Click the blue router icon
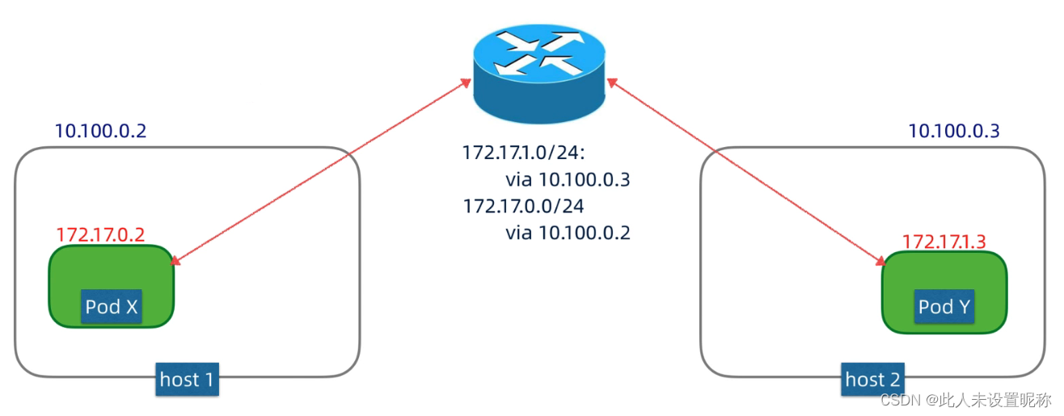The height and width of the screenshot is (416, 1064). (539, 77)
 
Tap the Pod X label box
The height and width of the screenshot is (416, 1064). (112, 307)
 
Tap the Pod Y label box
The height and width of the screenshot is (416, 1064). (944, 307)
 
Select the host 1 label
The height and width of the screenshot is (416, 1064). (187, 379)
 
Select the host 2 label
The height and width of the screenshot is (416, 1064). (872, 379)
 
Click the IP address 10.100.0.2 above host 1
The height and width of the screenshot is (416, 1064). (100, 131)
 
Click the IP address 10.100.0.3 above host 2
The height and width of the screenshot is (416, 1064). (954, 131)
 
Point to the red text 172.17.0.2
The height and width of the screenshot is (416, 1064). (100, 235)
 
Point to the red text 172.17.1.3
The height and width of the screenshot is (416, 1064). (944, 241)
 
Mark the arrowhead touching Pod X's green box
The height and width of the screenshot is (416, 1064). (175, 260)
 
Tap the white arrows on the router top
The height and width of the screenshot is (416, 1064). (539, 52)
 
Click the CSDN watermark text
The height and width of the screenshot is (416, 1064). (965, 400)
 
